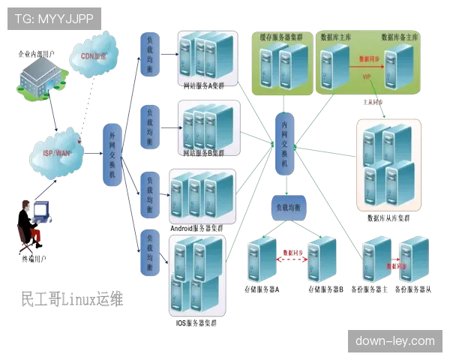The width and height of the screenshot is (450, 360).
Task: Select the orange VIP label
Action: tap(367, 76)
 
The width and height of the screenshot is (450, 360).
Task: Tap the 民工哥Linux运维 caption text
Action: tap(70, 299)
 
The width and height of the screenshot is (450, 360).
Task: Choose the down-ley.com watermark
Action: tap(396, 341)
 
